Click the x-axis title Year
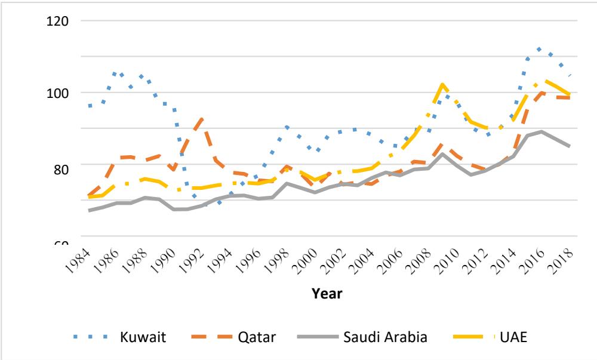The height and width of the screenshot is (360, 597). (330, 293)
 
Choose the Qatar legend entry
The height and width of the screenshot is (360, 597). (259, 337)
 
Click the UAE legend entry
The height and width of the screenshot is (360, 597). (513, 337)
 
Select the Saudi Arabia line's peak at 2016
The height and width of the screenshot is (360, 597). (541, 131)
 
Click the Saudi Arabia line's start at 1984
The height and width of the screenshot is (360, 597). (88, 210)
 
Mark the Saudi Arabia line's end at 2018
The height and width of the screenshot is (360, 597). (570, 146)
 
